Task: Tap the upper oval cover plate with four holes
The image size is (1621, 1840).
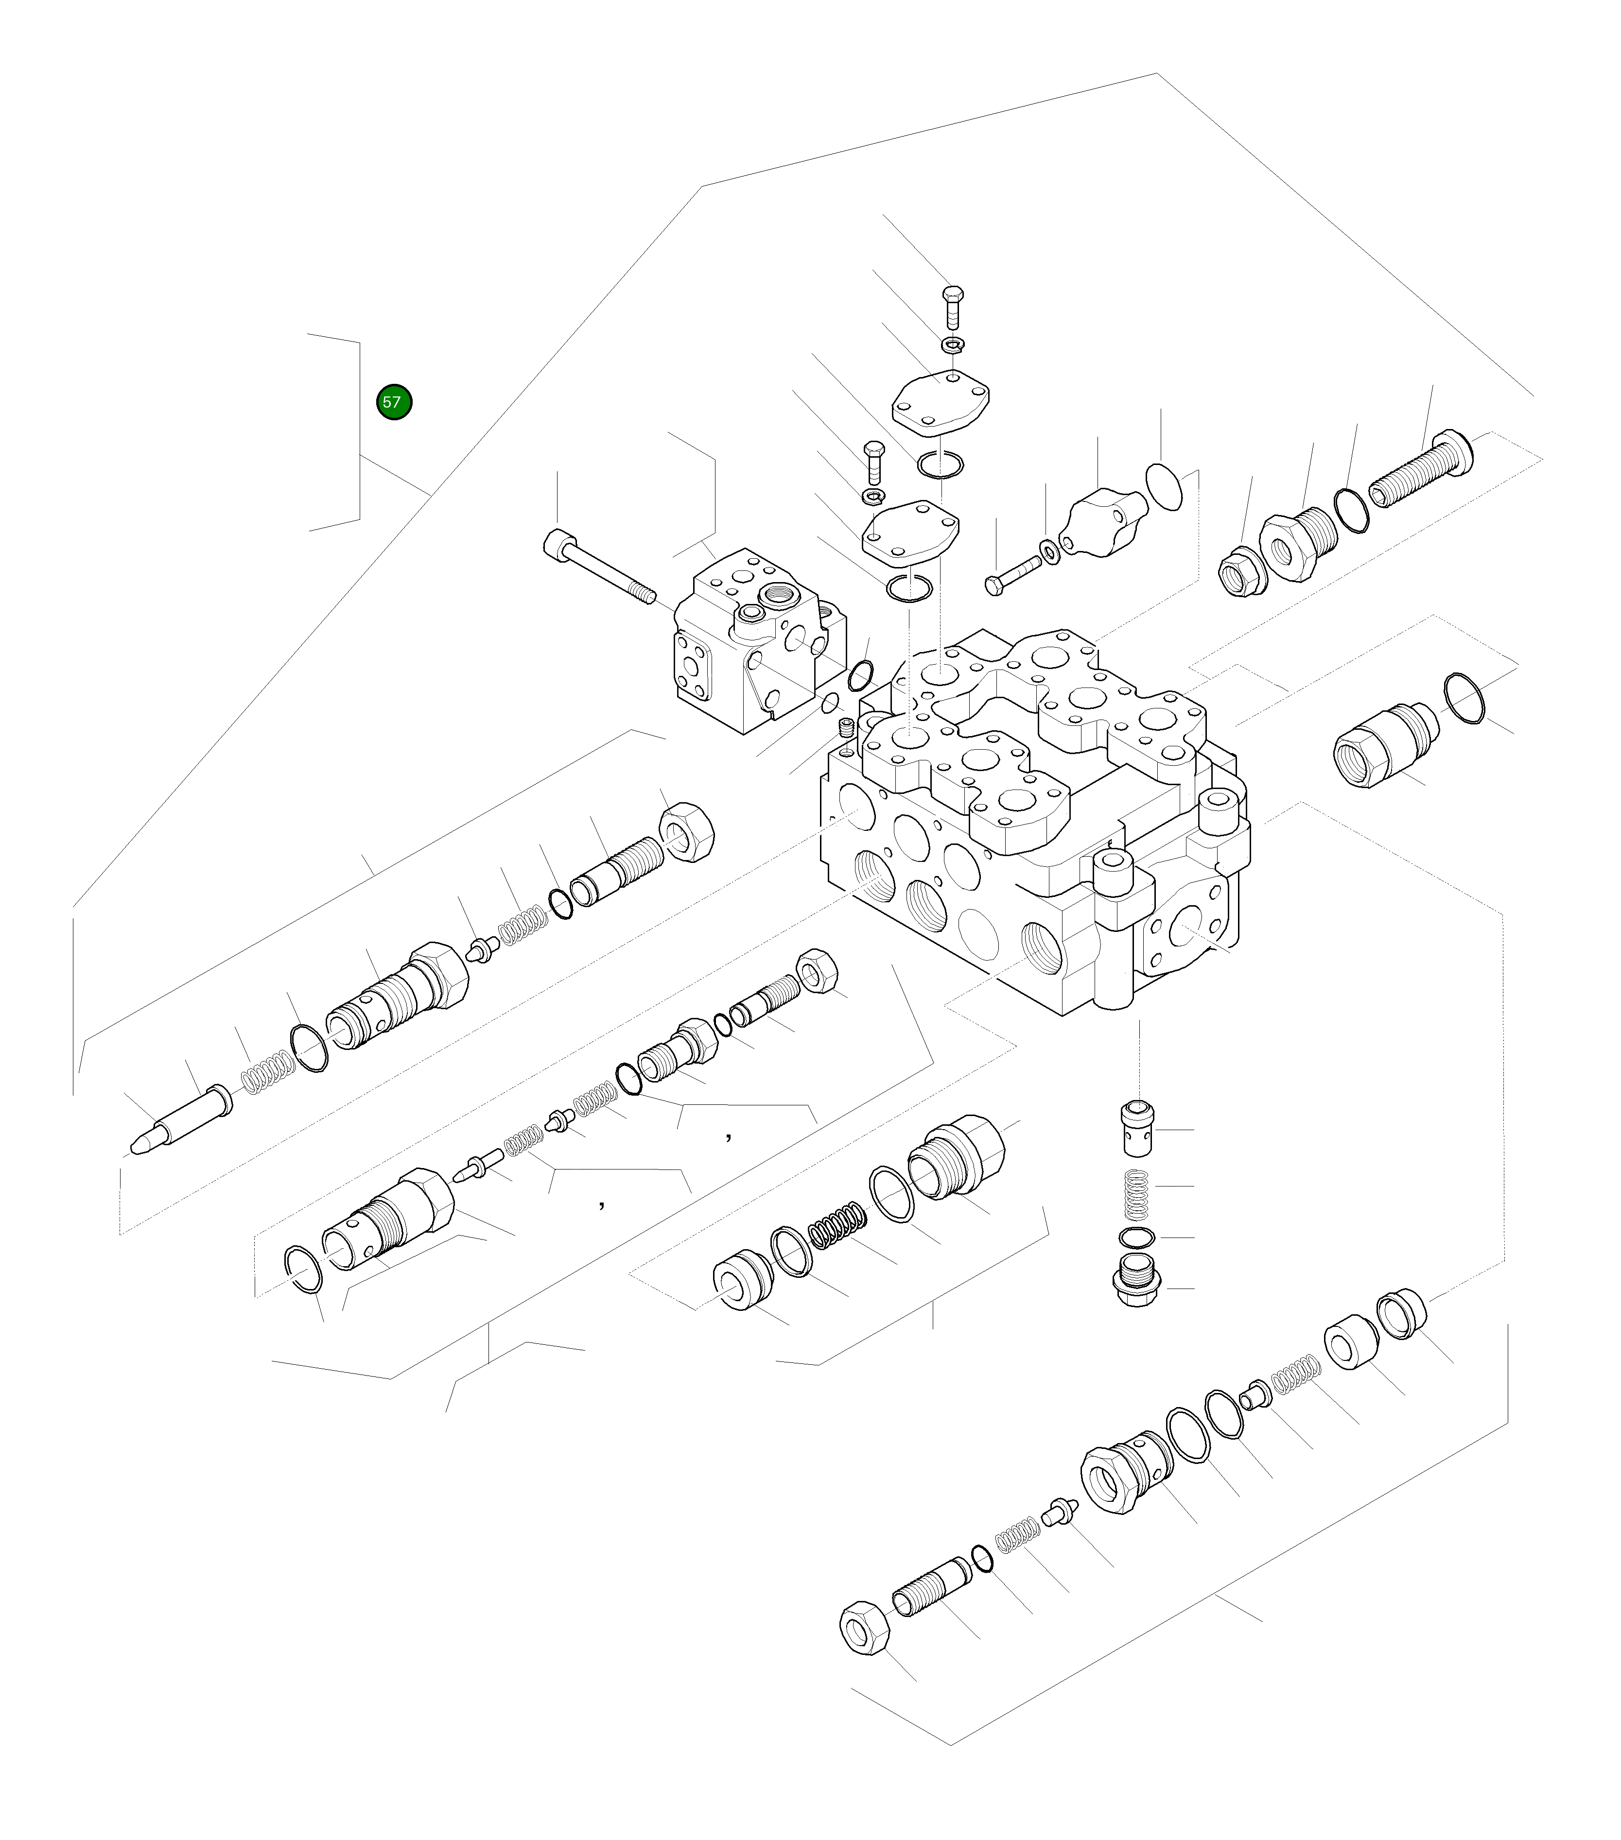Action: pos(940,404)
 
